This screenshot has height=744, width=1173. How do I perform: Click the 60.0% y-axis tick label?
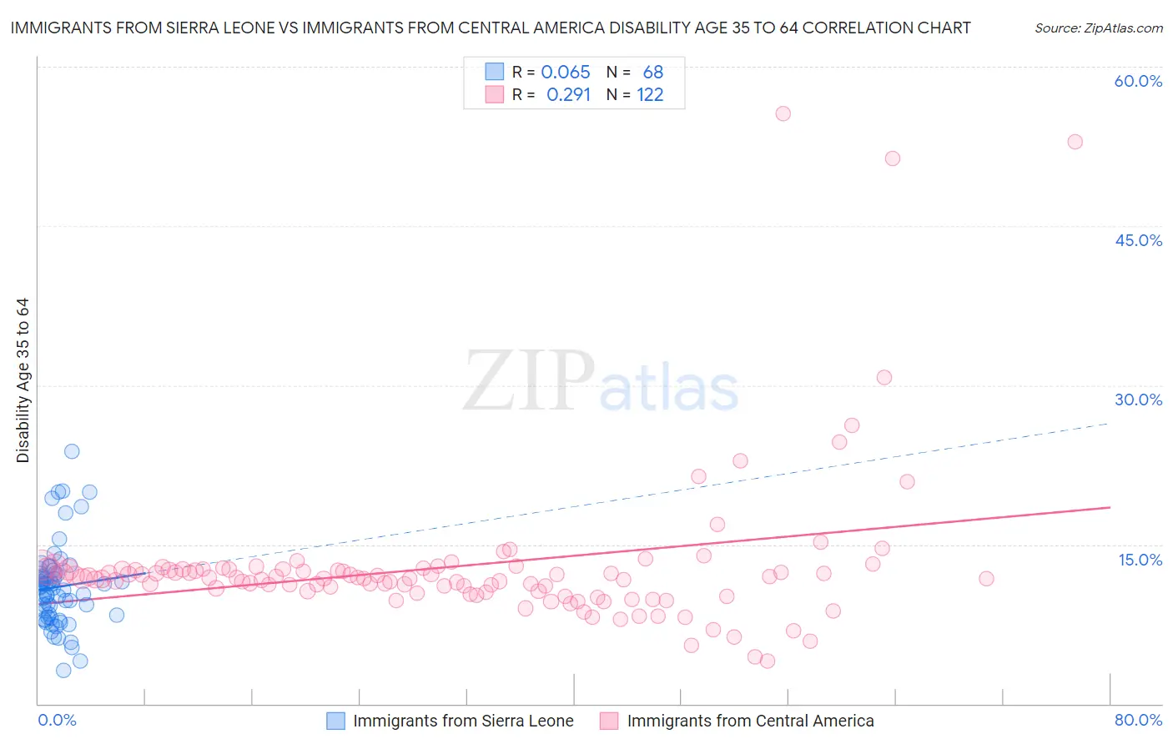click(1138, 81)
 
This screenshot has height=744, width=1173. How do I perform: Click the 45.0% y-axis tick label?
click(1138, 240)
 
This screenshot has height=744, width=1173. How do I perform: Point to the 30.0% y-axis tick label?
click(1138, 400)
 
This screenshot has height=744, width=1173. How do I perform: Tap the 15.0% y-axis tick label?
click(1140, 560)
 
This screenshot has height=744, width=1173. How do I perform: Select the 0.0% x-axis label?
click(57, 720)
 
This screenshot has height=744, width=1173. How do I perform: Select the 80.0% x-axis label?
click(1138, 720)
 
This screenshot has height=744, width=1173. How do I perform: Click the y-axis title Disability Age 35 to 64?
click(23, 380)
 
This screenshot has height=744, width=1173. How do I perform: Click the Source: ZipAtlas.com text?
click(1098, 28)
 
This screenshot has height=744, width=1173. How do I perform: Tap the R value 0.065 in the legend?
click(565, 73)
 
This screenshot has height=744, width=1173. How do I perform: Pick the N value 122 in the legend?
click(650, 95)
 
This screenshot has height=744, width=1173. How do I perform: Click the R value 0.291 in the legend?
click(568, 95)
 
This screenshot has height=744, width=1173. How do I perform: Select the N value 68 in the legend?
click(652, 73)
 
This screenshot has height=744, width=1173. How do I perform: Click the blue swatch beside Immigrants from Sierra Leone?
click(335, 721)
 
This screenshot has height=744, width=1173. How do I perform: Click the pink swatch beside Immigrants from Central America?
click(609, 721)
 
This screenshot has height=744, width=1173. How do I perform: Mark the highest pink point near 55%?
click(783, 113)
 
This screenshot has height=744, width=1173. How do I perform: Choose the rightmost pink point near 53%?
click(1075, 142)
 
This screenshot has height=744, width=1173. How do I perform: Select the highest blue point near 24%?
click(72, 451)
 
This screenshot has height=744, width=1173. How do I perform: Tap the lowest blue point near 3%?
click(63, 671)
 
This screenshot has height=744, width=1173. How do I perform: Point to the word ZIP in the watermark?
click(528, 381)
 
